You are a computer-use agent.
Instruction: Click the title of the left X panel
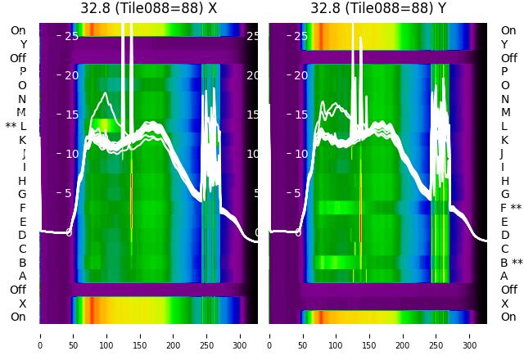pos(148,8)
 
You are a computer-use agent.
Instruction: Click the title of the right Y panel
pos(378,8)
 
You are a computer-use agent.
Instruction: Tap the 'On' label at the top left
pos(18,30)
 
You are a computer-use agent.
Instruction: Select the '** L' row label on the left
pos(16,126)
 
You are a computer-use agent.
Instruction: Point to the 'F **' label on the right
pos(511,208)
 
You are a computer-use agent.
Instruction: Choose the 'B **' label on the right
pos(511,263)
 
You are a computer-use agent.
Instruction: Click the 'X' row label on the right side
pos(504,304)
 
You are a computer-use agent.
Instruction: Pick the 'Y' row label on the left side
pos(23,44)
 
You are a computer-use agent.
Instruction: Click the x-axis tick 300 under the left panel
pos(241,335)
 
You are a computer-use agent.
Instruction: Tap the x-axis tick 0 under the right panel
pos(269,335)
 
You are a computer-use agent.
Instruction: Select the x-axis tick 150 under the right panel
pos(370,335)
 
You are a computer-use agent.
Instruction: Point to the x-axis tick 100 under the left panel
pos(106,335)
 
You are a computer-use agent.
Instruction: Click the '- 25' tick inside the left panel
pos(69,36)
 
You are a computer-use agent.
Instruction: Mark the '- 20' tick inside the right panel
pos(298,75)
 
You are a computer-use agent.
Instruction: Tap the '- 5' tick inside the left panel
pos(65,193)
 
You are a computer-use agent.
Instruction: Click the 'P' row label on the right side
pos(504,71)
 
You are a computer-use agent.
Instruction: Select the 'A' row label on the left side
pos(23,276)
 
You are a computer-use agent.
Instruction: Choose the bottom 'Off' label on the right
pos(508,290)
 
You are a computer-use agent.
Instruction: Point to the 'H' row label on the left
pos(23,181)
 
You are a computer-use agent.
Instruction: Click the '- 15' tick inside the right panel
pos(298,115)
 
